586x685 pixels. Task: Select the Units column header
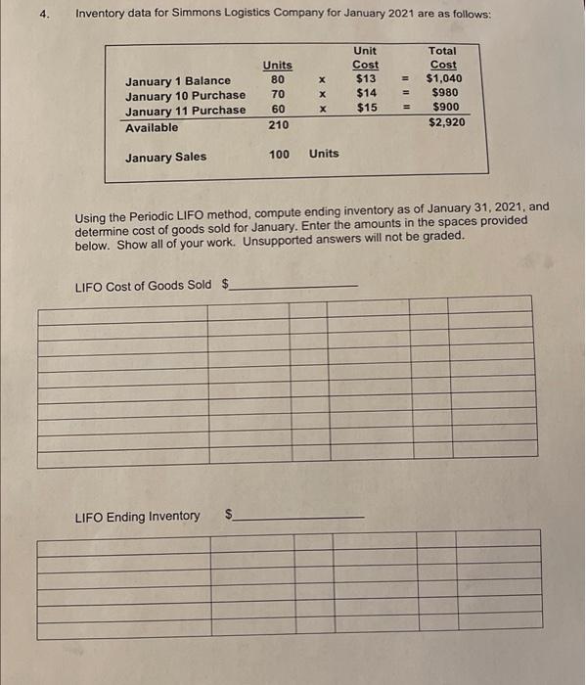point(277,65)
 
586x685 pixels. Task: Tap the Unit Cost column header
point(366,58)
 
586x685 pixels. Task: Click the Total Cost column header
point(443,58)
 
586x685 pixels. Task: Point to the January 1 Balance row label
point(178,80)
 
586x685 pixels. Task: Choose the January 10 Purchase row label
point(185,95)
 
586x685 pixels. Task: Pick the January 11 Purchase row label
point(185,111)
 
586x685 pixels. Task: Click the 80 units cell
point(278,80)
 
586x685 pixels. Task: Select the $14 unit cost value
point(367,93)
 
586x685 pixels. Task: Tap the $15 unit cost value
point(367,108)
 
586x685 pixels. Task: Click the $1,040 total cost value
point(445,78)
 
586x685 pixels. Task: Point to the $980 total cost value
point(446,93)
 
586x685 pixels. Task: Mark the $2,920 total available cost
point(446,123)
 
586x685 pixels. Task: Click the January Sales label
point(165,157)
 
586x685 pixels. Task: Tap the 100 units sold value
point(279,154)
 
